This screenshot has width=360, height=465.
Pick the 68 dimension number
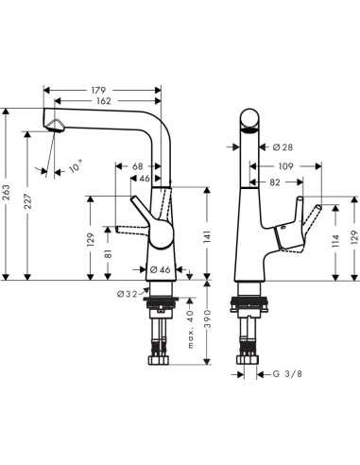coord(138,167)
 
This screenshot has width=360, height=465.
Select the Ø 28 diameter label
coord(283,147)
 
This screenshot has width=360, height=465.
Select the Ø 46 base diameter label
coord(160,270)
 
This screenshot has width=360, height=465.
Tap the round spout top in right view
coord(250,120)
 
